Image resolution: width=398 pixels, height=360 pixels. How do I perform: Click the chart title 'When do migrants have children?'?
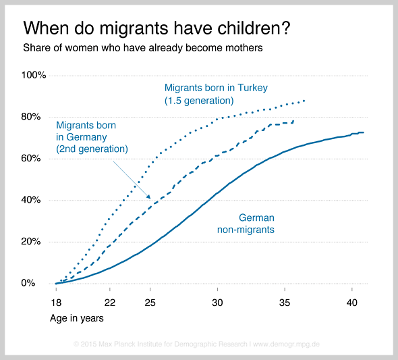point(157,28)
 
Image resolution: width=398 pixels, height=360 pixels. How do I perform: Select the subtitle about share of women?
point(143,48)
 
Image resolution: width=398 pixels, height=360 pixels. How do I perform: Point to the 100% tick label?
point(34,75)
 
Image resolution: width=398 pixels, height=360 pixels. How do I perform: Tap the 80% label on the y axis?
point(31,117)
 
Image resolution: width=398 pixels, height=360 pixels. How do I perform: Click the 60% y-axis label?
point(31,159)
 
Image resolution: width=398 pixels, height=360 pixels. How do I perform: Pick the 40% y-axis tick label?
point(31,200)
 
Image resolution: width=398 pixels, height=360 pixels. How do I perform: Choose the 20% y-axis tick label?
point(31,241)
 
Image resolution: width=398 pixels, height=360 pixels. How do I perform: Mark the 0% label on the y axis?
point(28,283)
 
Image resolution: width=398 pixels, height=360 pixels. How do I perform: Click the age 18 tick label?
point(56,303)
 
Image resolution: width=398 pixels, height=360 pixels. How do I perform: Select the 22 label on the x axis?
point(110,303)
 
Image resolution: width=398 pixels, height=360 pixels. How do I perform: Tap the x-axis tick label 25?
point(150,303)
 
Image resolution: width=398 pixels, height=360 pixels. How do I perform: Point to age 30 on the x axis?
point(217,303)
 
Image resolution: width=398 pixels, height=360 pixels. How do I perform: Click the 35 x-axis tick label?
point(285,303)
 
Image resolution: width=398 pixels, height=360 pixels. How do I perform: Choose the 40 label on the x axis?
point(352,303)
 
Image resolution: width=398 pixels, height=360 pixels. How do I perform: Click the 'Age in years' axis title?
point(77,318)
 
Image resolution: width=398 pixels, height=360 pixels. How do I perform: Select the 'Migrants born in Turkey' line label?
point(216,88)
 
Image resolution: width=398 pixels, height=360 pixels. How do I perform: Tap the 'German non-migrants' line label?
point(246,224)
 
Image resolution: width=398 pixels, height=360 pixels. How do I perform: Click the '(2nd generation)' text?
point(92,149)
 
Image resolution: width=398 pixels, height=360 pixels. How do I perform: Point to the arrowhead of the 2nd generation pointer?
point(149,197)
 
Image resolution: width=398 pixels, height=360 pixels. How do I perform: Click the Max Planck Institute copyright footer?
point(196,344)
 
